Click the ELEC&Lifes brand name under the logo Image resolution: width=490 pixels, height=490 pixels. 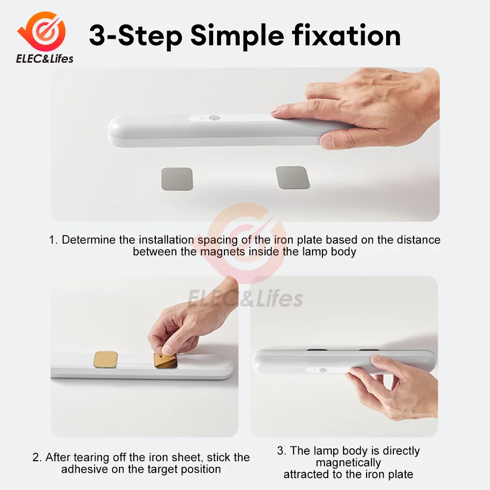(x=45, y=59)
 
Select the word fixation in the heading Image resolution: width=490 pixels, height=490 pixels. (x=346, y=35)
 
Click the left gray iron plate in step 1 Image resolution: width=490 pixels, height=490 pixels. (x=177, y=179)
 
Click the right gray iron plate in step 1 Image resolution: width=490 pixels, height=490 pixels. (x=293, y=177)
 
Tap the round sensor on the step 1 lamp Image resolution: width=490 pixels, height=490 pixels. (x=215, y=118)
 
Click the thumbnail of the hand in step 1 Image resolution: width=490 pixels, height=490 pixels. (x=327, y=141)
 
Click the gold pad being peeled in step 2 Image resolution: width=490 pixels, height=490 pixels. (x=166, y=361)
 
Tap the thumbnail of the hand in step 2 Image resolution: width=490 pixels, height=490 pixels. (x=168, y=350)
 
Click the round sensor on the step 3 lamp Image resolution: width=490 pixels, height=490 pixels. (x=323, y=370)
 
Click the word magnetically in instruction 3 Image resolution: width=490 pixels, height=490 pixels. (x=348, y=463)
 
